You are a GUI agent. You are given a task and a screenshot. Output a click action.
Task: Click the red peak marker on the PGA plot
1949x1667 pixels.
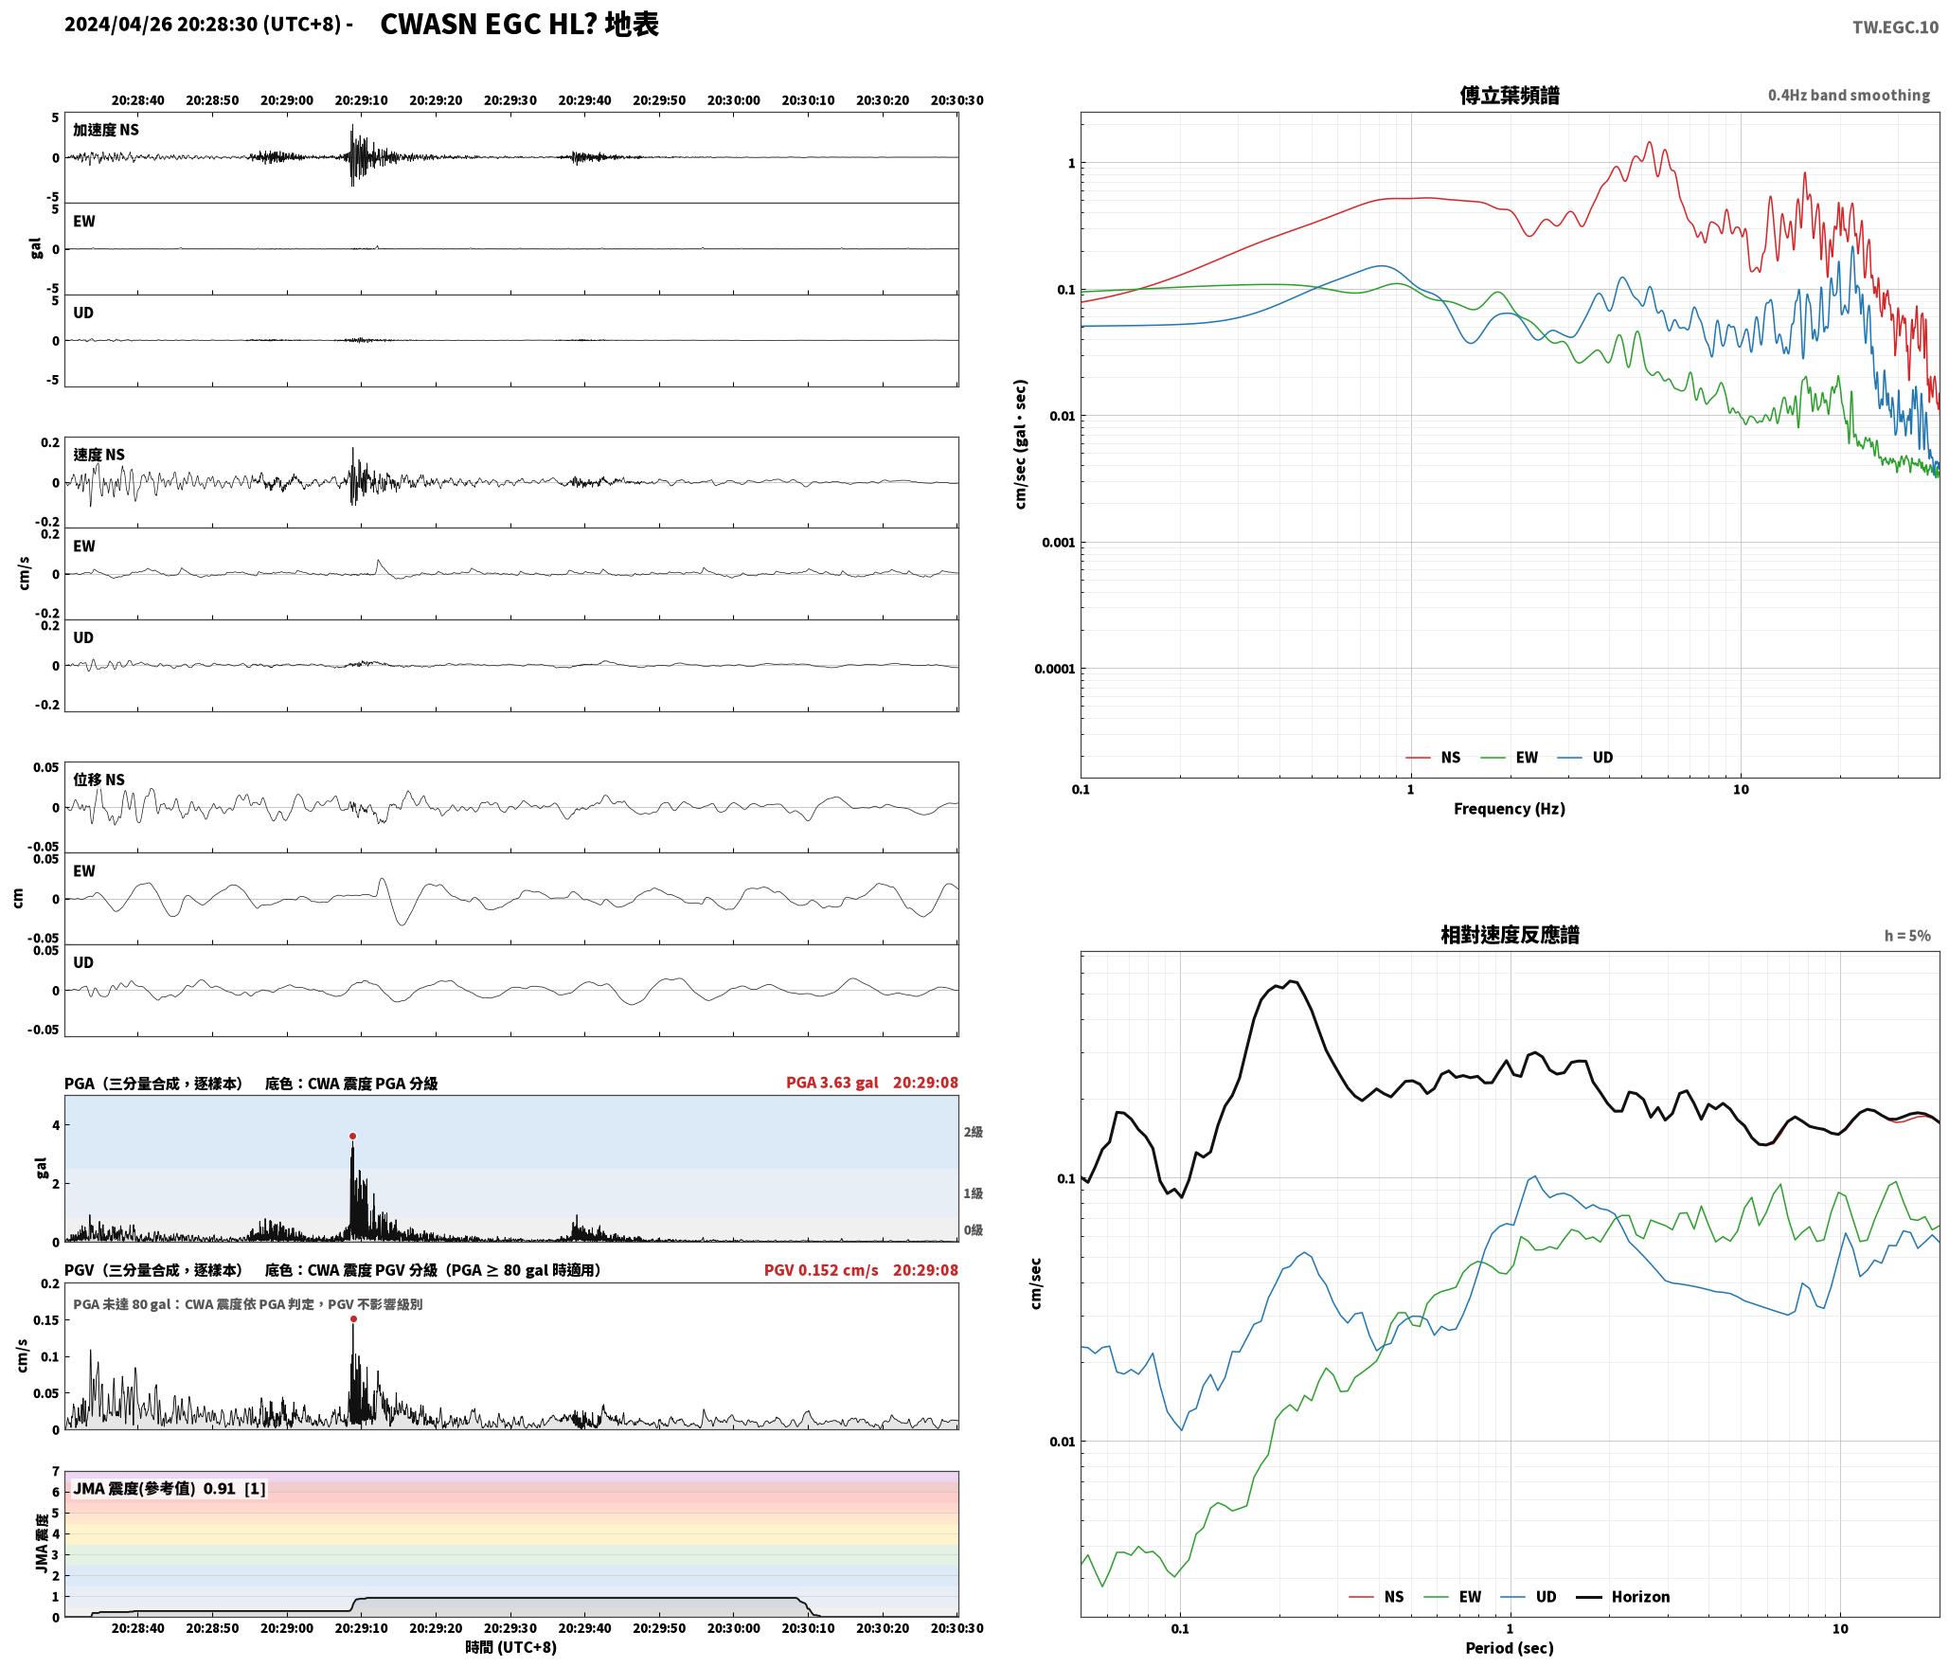tap(352, 1136)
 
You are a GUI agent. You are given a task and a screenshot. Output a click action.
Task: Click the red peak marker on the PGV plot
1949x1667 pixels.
tap(353, 1318)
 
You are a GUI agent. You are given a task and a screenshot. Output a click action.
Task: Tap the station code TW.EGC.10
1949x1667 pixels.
tap(1895, 27)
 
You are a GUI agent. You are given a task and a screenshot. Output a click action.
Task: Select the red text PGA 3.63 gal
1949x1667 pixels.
tap(832, 1083)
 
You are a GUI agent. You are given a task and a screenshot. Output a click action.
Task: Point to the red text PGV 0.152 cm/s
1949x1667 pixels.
tap(821, 1270)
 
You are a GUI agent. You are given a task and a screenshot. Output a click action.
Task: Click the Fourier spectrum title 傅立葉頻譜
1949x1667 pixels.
tap(1510, 96)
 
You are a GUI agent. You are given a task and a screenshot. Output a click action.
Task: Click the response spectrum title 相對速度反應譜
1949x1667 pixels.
tap(1510, 935)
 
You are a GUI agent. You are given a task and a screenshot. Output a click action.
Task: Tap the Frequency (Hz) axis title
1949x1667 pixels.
tap(1510, 809)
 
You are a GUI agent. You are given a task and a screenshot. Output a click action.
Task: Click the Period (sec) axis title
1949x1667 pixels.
tap(1510, 1648)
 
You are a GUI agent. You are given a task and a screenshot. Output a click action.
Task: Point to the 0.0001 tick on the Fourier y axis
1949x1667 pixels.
tap(1054, 669)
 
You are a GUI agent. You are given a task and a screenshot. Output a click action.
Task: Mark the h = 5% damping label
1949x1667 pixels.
tap(1907, 936)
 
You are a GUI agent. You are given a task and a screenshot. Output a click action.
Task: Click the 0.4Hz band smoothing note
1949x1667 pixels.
tap(1849, 96)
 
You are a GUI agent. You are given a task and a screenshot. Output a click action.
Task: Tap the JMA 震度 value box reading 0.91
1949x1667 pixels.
tap(170, 1489)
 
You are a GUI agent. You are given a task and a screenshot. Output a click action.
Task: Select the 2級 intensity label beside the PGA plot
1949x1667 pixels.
tap(974, 1132)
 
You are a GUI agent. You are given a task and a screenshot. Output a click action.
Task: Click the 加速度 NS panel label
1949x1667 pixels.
tap(106, 130)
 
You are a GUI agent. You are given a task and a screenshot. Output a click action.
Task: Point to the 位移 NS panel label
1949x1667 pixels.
tap(99, 780)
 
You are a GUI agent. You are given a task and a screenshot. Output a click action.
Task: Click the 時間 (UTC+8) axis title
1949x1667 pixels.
tap(511, 1647)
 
